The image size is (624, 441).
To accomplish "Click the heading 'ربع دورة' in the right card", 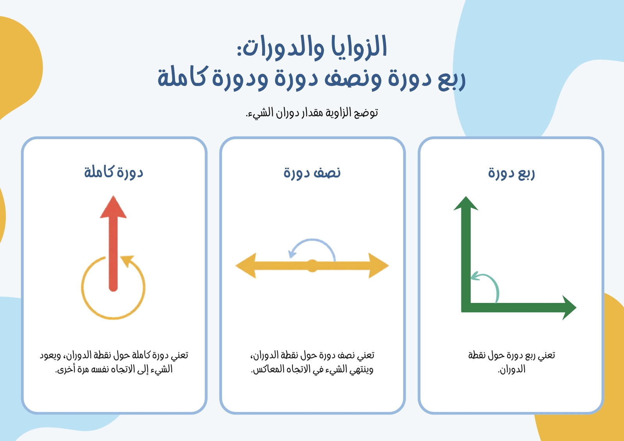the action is coord(511,173).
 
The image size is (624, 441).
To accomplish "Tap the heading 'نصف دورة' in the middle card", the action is coord(312,173).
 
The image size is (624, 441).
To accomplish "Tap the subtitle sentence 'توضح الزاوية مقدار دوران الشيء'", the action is coord(312,113).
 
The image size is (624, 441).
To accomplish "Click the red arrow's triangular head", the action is coord(113,207).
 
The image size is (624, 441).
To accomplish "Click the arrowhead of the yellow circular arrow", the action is coord(128,260).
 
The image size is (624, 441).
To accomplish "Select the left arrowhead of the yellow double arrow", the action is coord(246,265).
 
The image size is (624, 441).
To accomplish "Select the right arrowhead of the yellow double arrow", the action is coord(379,265).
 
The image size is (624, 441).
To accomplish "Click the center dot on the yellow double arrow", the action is coord(312,266).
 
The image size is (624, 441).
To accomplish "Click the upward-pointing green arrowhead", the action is coord(466,204).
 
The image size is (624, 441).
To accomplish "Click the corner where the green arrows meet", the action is coord(466,308).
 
